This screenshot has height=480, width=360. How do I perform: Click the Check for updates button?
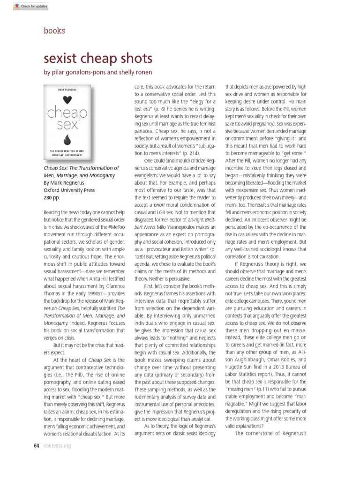[24, 7]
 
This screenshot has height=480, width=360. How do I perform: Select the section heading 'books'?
[54, 31]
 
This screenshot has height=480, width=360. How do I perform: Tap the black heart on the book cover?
[67, 99]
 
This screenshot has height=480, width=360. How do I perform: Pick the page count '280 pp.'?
[52, 198]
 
